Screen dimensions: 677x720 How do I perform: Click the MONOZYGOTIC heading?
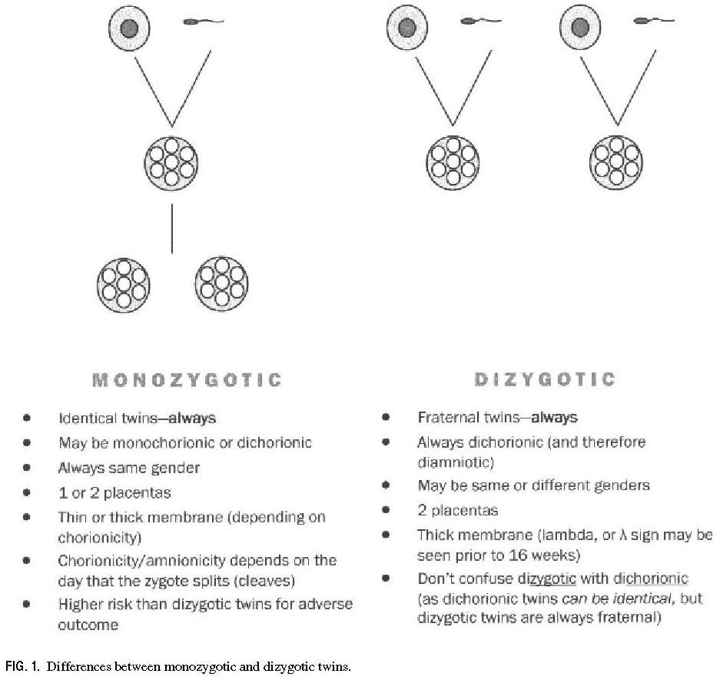coord(187,380)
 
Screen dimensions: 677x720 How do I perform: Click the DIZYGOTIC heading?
coord(544,379)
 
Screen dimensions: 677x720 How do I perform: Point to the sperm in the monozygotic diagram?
coord(202,22)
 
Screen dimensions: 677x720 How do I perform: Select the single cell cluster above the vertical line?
coord(171,161)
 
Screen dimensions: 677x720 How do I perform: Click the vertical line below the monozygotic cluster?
coord(171,228)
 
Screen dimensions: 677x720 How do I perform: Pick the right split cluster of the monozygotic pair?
coord(222,282)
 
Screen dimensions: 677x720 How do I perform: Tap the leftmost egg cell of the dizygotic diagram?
coord(407,28)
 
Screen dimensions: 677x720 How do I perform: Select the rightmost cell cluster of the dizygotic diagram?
coord(616,161)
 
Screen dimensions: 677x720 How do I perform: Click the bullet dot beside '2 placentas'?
coord(387,510)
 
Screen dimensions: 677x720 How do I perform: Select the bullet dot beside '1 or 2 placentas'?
coord(28,492)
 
